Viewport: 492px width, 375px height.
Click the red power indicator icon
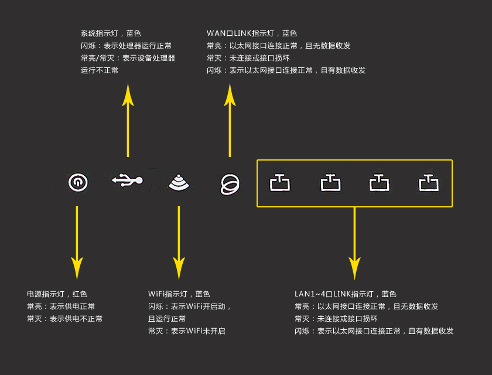(x=77, y=183)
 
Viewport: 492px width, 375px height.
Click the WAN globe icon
(x=230, y=184)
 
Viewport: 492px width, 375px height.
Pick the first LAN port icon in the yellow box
(x=279, y=183)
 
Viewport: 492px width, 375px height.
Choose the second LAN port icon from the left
(x=330, y=183)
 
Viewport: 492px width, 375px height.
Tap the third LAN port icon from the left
(x=379, y=183)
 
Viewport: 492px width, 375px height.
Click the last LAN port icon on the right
(x=428, y=183)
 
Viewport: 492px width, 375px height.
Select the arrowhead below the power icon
(x=77, y=268)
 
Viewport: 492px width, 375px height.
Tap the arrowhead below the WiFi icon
(x=179, y=268)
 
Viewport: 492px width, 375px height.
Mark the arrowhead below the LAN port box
(x=354, y=268)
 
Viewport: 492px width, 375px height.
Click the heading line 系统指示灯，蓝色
(x=111, y=33)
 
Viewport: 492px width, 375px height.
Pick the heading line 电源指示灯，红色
(x=57, y=294)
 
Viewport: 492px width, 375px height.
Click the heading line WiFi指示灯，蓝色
(x=179, y=294)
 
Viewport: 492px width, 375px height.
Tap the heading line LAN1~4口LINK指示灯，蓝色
(x=346, y=294)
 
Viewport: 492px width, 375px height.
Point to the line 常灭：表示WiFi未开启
(x=186, y=331)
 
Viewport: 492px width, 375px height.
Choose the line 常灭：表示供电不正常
(x=64, y=319)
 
